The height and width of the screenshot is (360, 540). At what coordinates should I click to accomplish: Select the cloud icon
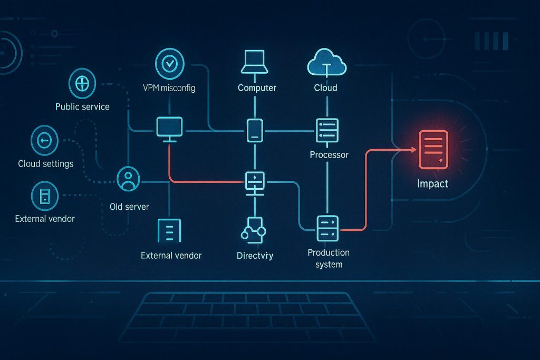326,62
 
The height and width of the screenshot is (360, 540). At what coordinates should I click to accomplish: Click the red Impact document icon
433,150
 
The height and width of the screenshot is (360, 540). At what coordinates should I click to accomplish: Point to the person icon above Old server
128,178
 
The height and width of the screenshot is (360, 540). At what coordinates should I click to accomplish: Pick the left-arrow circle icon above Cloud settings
45,140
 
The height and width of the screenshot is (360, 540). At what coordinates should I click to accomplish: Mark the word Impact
432,184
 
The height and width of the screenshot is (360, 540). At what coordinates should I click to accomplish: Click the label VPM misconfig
169,88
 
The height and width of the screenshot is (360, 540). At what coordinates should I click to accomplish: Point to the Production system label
328,258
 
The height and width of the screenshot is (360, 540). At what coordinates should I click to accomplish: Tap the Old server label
129,207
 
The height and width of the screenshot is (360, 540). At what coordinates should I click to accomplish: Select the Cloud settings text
46,163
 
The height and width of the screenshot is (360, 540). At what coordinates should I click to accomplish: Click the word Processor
329,155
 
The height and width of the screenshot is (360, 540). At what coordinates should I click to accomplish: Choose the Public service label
82,106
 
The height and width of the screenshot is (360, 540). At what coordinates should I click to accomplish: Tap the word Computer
257,88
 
